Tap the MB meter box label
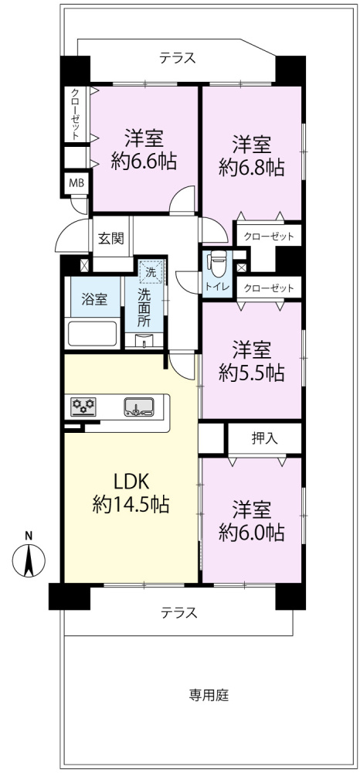tap(76, 183)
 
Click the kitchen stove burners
tap(83, 405)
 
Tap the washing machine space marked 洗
tap(151, 271)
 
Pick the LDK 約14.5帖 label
tap(131, 493)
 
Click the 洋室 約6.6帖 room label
tap(144, 150)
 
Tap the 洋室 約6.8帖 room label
tap(250, 155)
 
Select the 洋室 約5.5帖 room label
tap(251, 360)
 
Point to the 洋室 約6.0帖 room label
tap(251, 521)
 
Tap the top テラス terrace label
tap(178, 57)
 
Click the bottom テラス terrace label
tap(179, 612)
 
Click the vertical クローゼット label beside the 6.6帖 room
tap(75, 114)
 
